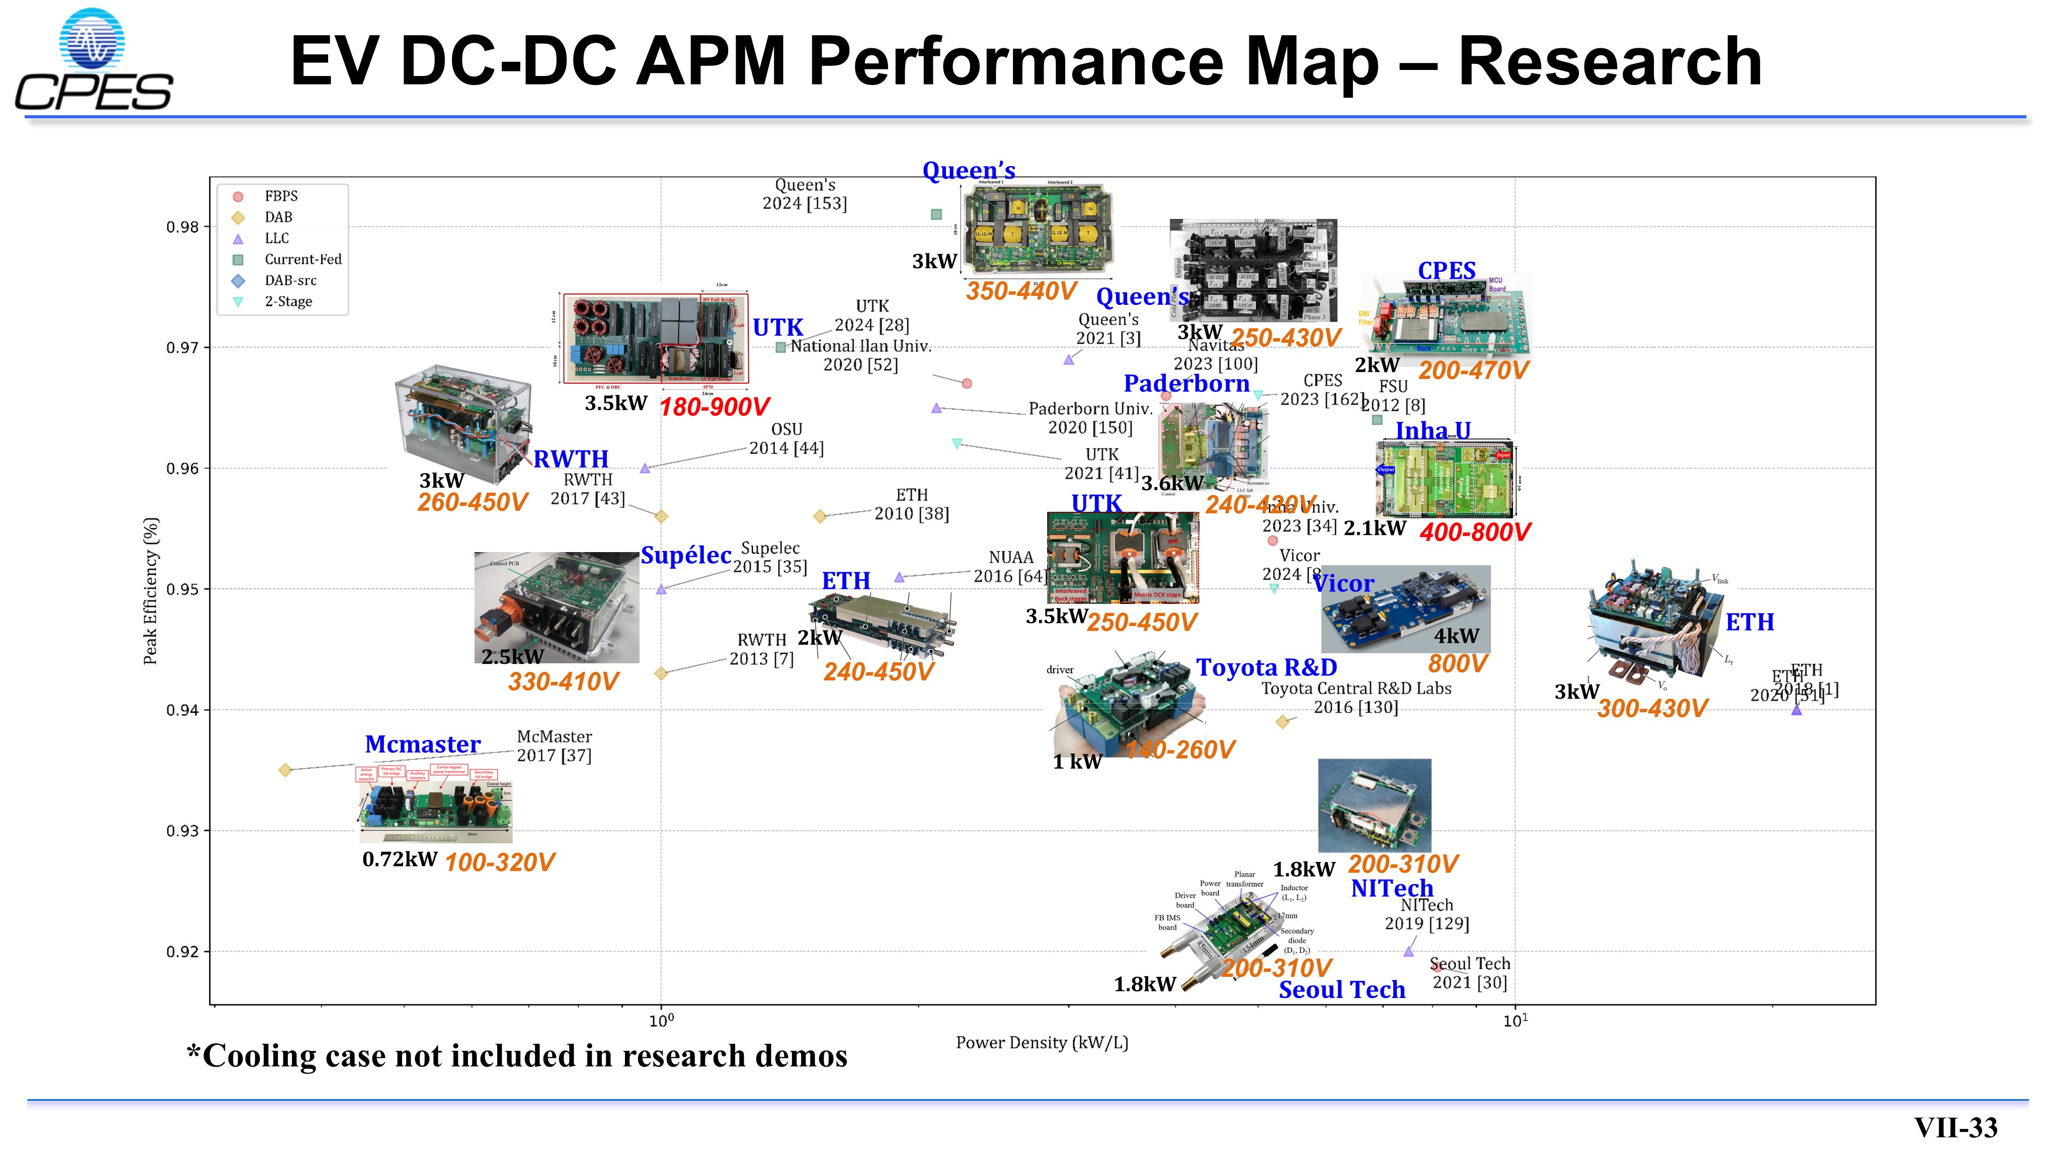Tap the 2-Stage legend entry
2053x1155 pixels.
[x=288, y=301]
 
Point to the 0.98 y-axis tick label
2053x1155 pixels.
[x=183, y=227]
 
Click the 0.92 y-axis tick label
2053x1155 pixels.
[x=183, y=952]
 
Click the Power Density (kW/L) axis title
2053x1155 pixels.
[x=1042, y=1043]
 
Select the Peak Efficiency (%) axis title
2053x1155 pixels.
[x=150, y=591]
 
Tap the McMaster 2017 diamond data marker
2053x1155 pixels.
[x=285, y=770]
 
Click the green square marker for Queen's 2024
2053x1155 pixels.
[x=936, y=214]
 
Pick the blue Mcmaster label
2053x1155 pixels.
[x=422, y=744]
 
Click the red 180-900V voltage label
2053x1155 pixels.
[x=714, y=407]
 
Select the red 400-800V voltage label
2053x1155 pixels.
[x=1474, y=532]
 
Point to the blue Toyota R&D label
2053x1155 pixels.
[x=1267, y=667]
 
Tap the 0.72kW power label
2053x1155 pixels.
[x=400, y=859]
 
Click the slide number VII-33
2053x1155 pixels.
[x=1956, y=1127]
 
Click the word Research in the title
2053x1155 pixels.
[x=1610, y=62]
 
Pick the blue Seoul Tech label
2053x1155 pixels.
[x=1342, y=989]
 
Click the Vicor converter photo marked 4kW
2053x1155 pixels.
[x=1405, y=609]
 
